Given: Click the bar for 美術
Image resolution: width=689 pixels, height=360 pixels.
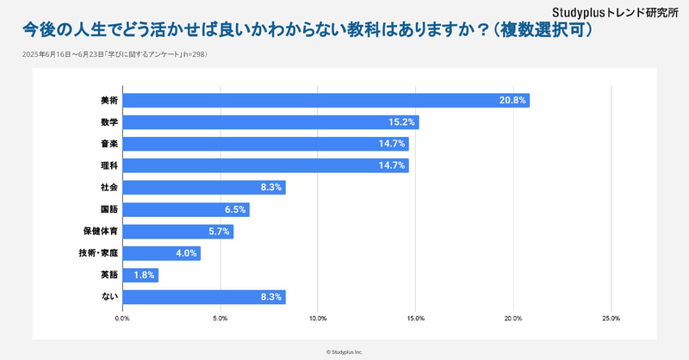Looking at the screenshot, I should (x=326, y=100).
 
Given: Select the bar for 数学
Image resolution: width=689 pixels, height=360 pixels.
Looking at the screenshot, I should (x=270, y=122).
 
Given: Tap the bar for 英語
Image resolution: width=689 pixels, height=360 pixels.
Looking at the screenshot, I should (x=140, y=275).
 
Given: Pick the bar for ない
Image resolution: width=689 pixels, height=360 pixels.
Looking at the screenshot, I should (x=204, y=296).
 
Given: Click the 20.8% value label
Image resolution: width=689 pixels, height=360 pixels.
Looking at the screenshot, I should (x=512, y=100).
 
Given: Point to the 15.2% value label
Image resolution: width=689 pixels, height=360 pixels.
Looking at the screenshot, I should (x=403, y=122).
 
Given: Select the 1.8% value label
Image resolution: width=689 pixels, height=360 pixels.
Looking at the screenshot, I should (x=143, y=275).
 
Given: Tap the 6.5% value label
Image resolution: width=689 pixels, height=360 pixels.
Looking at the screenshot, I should (x=234, y=209).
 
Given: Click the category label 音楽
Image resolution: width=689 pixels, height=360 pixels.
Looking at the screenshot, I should (x=109, y=144).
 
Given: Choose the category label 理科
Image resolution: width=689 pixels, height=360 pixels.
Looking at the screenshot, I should (x=109, y=165).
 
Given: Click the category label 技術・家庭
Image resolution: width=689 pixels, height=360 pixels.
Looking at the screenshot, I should (x=96, y=253).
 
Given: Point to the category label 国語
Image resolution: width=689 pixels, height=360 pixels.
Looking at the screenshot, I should (x=109, y=209).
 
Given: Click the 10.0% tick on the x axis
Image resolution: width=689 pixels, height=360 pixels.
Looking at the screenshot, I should (x=318, y=319).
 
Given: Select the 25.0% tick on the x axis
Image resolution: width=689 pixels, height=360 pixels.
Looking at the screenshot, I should (x=611, y=319).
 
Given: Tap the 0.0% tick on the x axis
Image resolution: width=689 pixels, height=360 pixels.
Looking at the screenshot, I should (x=122, y=319).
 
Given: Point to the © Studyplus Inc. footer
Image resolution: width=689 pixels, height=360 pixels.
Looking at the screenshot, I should (x=344, y=351).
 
